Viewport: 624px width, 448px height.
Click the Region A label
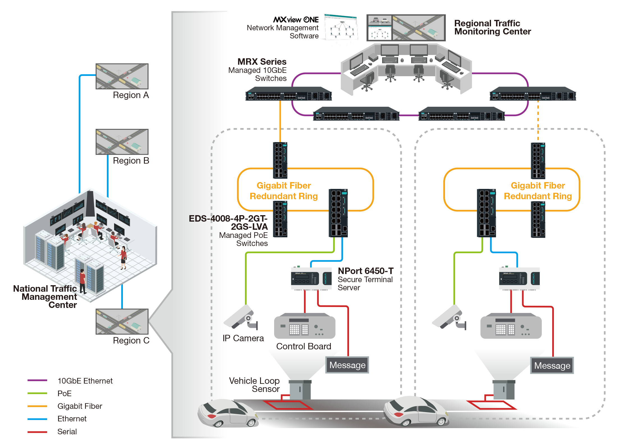point(131,95)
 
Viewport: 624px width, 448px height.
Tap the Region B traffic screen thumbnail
point(122,142)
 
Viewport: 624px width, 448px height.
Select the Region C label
point(131,340)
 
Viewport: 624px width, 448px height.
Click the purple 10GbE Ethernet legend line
point(37,380)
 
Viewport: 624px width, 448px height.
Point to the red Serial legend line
point(37,432)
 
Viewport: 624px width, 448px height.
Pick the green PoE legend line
point(37,393)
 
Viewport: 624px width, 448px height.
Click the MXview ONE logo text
point(296,20)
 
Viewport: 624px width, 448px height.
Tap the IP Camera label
point(243,338)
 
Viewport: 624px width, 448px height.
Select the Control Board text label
point(304,346)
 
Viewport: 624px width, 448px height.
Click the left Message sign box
point(347,365)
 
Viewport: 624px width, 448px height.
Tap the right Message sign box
point(552,365)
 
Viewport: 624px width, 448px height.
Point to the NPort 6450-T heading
point(366,271)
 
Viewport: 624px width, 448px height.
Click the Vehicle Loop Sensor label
point(254,385)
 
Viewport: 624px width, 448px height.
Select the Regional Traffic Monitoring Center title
point(492,27)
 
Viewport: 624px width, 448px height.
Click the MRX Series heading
point(262,62)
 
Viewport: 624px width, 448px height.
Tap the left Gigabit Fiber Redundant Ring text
point(284,191)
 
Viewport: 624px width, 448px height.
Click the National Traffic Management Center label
point(45,296)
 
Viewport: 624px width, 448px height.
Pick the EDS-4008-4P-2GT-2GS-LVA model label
point(228,222)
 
